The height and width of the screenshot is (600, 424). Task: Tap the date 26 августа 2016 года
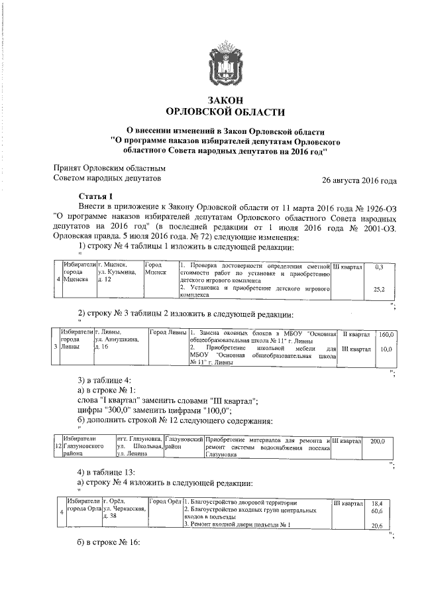tap(359, 180)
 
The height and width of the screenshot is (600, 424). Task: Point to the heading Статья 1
tap(96, 196)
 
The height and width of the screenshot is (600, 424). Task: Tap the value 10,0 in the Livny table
tap(387, 349)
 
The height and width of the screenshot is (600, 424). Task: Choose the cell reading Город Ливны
tap(168, 333)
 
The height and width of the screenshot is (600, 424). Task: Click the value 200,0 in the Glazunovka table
tap(378, 441)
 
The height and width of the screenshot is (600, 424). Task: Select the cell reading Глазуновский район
tap(183, 444)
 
